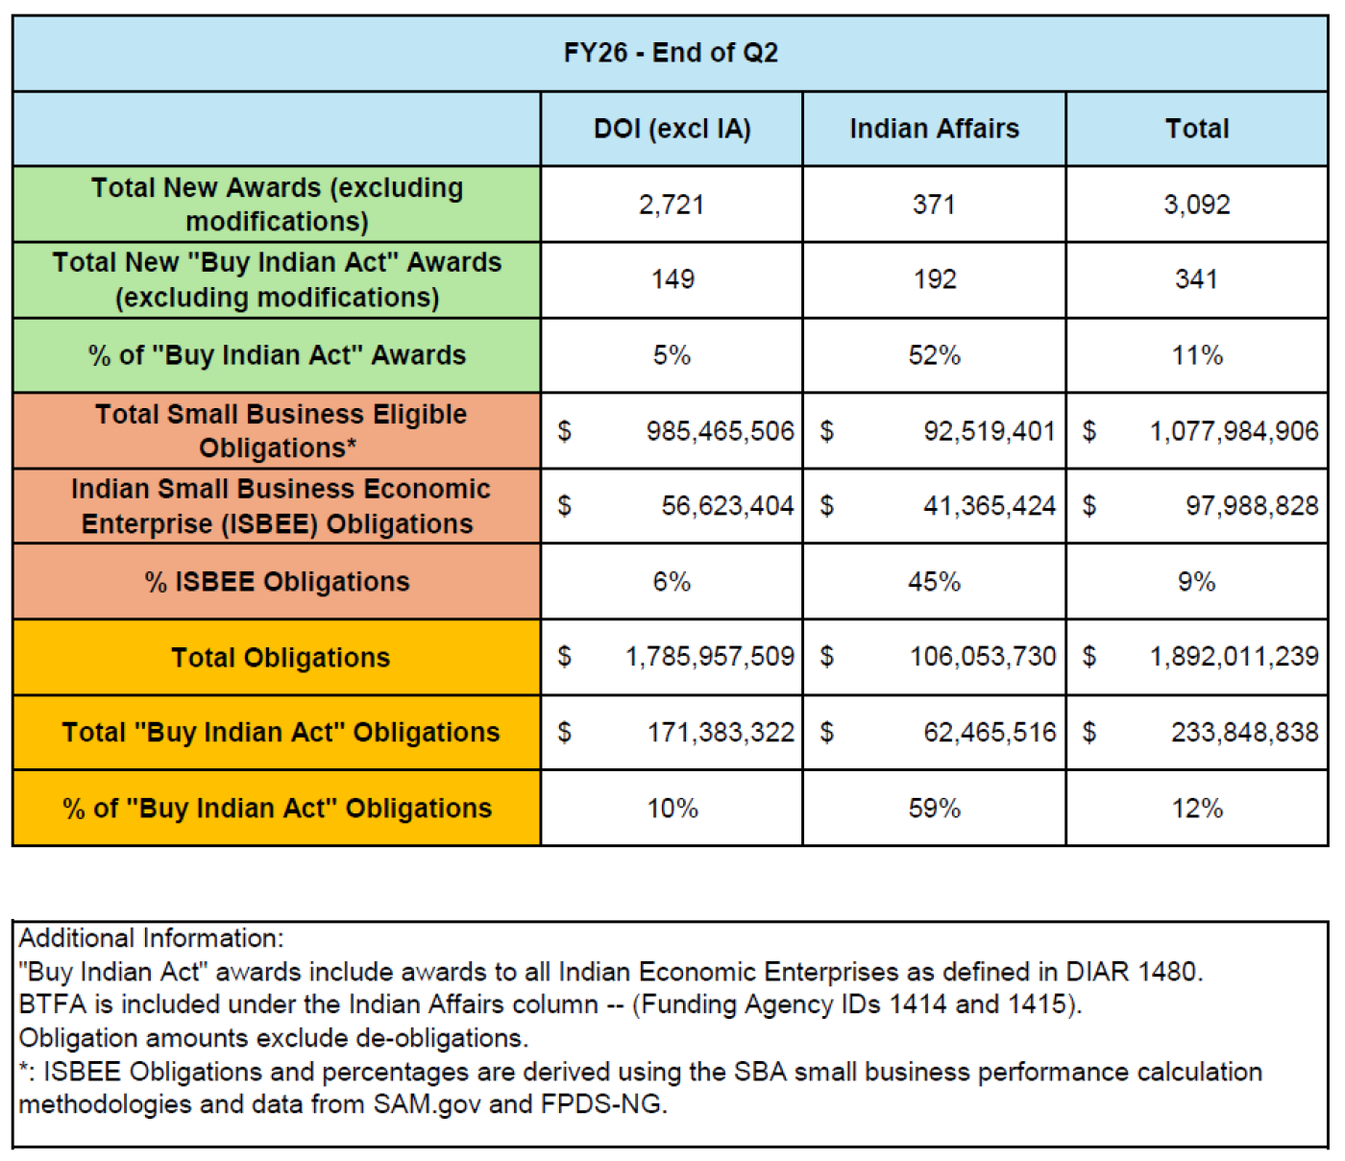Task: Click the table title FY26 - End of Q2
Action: (671, 53)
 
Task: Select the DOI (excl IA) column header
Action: (672, 129)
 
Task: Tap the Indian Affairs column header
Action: (934, 129)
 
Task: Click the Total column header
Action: (1196, 129)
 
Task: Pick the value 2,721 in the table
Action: (672, 205)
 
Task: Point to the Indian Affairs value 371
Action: (934, 205)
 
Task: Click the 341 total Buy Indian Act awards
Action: (1196, 279)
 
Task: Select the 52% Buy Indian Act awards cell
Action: (934, 355)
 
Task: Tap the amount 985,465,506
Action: (720, 431)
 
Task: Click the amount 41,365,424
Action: (989, 506)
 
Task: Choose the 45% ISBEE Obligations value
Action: (934, 582)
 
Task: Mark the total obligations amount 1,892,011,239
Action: (1234, 657)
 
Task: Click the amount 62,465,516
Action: (989, 733)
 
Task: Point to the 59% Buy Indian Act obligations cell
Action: (934, 809)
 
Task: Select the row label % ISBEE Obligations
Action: (277, 582)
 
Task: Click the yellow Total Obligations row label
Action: (281, 658)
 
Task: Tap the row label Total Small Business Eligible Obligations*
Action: (280, 431)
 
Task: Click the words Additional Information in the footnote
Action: (151, 938)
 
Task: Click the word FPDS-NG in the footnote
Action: (601, 1104)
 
